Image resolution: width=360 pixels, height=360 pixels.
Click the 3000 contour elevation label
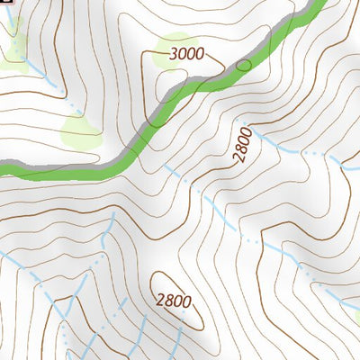point(185,55)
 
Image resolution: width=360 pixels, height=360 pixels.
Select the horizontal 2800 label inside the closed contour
point(173,301)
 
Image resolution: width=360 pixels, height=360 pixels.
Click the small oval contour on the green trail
point(243,65)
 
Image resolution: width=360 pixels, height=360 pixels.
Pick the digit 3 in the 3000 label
point(172,55)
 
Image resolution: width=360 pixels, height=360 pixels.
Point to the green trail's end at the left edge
point(3,167)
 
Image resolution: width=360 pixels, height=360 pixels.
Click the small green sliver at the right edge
point(356,315)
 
